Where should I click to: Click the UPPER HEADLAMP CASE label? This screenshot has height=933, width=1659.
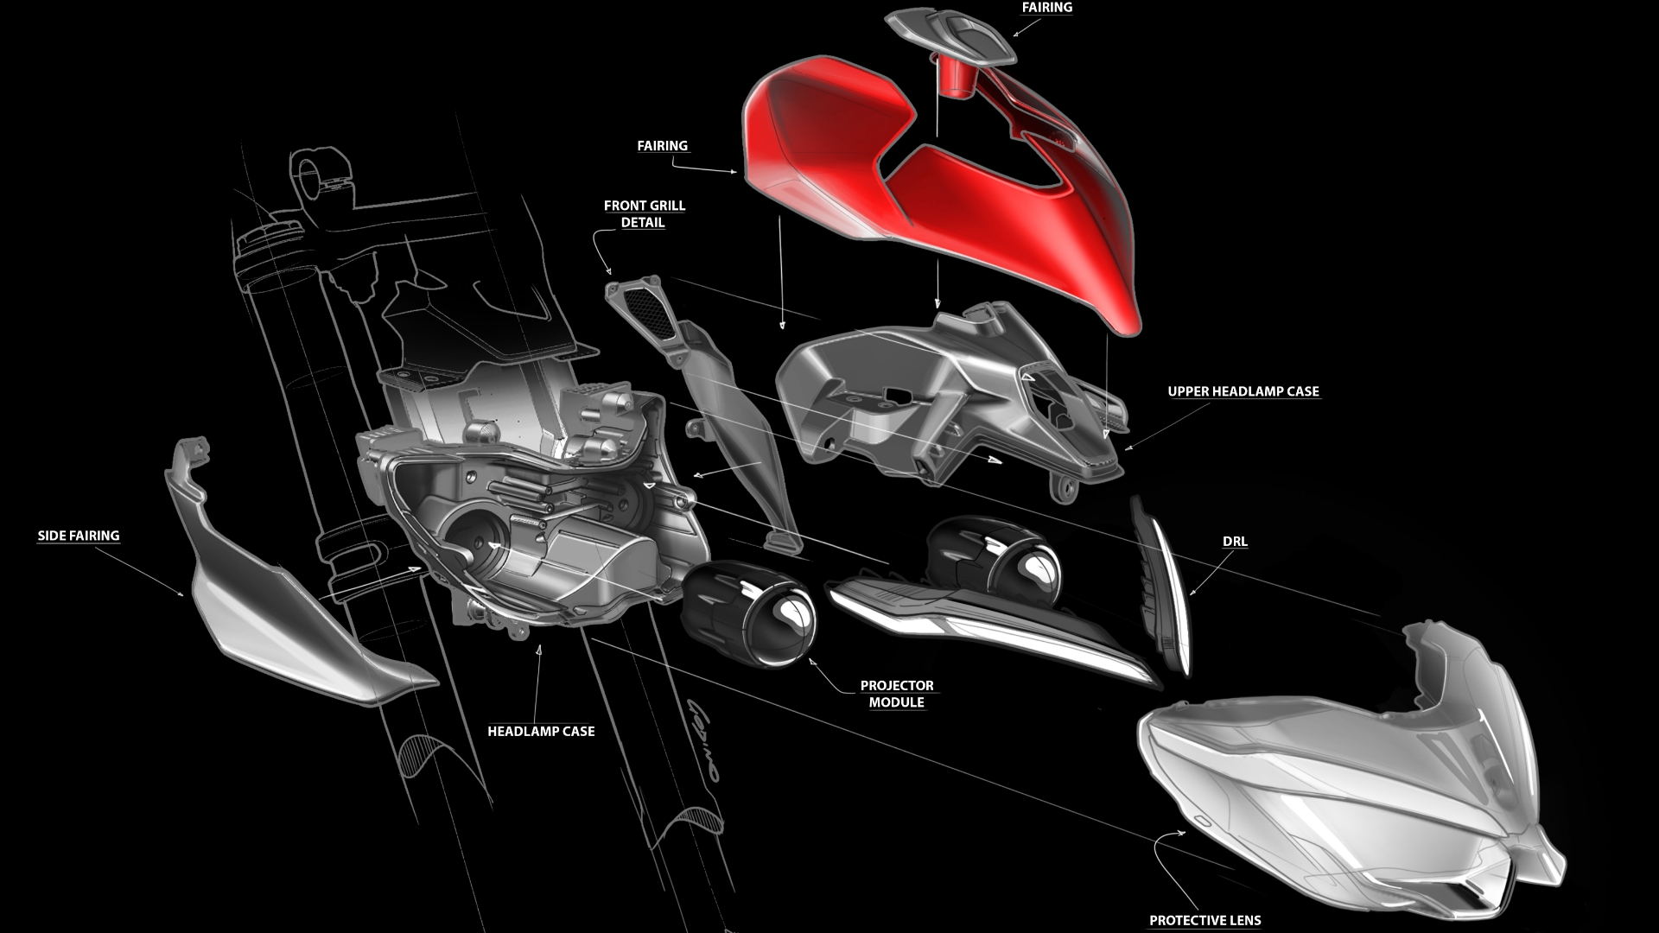tap(1243, 391)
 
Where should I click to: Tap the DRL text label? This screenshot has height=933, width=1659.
tap(1235, 542)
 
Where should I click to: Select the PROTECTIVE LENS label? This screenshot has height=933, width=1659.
tap(1205, 920)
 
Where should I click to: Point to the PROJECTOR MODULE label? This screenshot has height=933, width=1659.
tap(897, 694)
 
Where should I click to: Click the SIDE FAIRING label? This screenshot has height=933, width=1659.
tap(79, 536)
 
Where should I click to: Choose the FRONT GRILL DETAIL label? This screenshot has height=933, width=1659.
tap(644, 213)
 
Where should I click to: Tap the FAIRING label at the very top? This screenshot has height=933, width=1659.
tap(1047, 7)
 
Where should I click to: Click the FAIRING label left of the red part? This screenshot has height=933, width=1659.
tap(663, 146)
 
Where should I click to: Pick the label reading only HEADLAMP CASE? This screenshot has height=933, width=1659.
tap(541, 731)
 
